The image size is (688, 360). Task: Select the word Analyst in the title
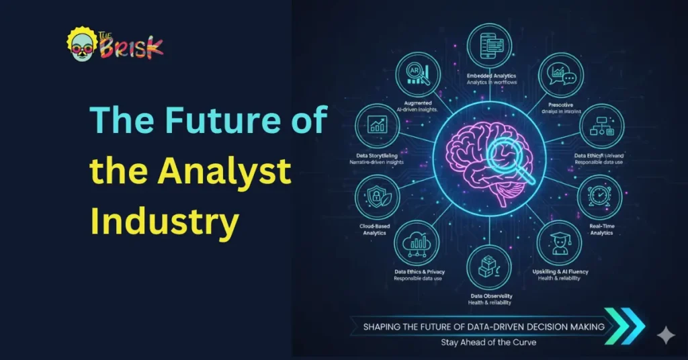click(x=225, y=173)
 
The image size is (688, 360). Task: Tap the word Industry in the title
click(x=165, y=220)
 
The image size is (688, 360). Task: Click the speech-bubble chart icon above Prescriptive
click(x=561, y=77)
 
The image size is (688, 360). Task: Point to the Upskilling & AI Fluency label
click(x=560, y=271)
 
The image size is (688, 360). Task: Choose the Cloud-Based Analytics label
click(x=377, y=231)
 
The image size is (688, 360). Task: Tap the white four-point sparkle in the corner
click(x=666, y=333)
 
